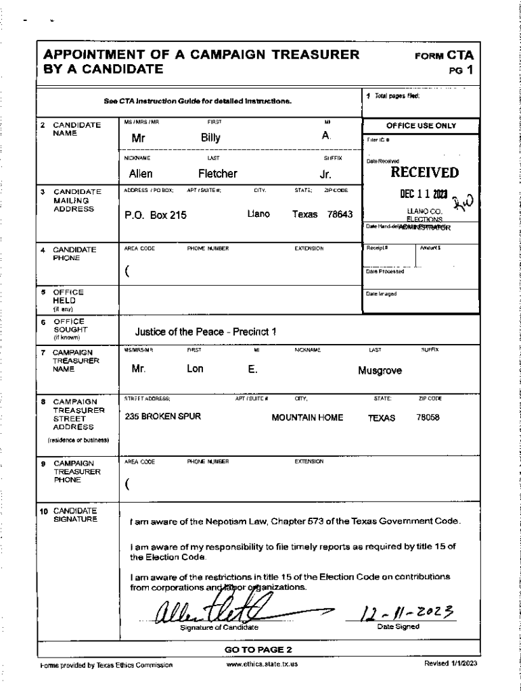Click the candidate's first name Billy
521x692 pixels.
coord(211,138)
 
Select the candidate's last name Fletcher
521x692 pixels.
coord(217,174)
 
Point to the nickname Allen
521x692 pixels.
coord(141,174)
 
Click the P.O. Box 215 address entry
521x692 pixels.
coord(156,216)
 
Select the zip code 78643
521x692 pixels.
coord(340,214)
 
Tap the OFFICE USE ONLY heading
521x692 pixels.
coord(421,126)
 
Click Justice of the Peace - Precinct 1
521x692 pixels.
coord(205,332)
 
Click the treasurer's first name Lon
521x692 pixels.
coord(195,370)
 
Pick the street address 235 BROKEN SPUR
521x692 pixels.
coord(163,417)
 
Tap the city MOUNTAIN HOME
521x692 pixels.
coord(307,418)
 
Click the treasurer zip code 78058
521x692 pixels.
coord(428,418)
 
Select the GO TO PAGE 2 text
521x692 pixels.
coord(258,649)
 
